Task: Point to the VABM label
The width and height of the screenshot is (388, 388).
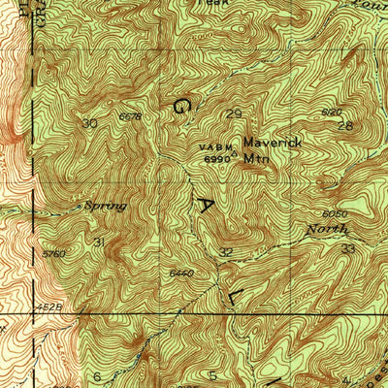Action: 212,146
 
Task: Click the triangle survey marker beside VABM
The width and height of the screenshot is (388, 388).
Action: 234,151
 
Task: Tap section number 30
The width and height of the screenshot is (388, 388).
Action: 90,123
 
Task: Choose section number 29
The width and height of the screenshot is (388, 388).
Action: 232,114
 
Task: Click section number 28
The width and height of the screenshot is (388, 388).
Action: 342,127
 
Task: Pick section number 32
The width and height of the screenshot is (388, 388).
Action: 226,252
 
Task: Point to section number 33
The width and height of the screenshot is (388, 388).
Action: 348,249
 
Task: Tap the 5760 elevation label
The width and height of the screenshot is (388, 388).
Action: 53,254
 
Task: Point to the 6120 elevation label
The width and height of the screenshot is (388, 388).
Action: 331,113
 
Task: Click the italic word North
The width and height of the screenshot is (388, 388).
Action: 323,229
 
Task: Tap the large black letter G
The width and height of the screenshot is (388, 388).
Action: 182,107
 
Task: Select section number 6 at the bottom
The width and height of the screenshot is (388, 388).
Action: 97,376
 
